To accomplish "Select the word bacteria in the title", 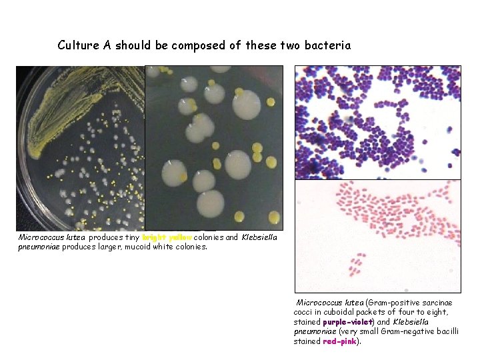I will click(x=327, y=45).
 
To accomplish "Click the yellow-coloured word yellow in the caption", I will click(x=181, y=237).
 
